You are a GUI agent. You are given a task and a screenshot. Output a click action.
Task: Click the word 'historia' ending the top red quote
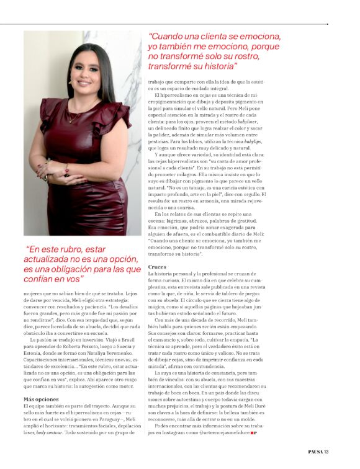pyautogui.click(x=216, y=65)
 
